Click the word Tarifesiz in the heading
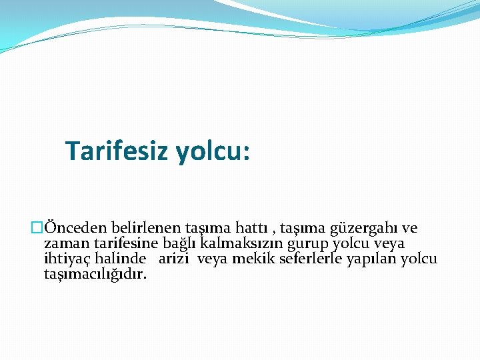[x=118, y=151]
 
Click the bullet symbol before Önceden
[x=37, y=229]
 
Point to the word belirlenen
[x=133, y=229]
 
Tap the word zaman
[x=65, y=244]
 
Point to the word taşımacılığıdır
[x=95, y=274]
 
